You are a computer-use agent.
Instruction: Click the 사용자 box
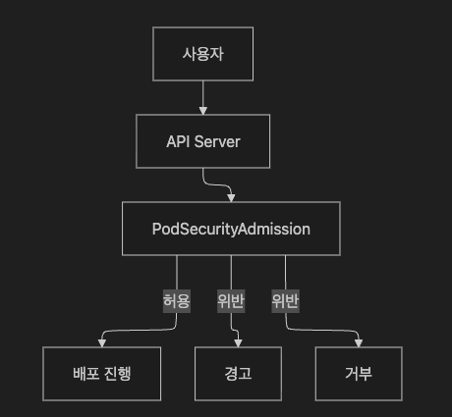click(x=202, y=54)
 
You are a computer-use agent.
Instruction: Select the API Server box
click(x=202, y=141)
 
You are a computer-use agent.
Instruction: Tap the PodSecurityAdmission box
click(x=231, y=229)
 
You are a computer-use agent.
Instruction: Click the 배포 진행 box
click(x=102, y=374)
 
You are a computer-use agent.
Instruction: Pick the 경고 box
click(x=238, y=374)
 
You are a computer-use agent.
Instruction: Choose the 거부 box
click(x=359, y=374)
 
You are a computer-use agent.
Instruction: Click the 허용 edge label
click(x=177, y=301)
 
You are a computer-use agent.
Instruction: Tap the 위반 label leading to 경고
click(x=231, y=301)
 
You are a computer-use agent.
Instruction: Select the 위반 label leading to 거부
click(x=285, y=301)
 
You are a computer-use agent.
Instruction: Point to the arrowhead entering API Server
click(x=203, y=111)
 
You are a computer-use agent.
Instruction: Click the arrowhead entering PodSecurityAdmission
click(x=231, y=198)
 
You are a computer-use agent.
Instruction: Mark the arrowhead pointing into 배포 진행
click(x=102, y=342)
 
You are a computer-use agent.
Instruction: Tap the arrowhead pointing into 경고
click(x=238, y=342)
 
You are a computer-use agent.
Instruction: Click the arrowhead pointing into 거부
click(x=359, y=342)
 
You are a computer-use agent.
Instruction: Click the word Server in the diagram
click(x=217, y=141)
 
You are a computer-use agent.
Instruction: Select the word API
click(x=178, y=141)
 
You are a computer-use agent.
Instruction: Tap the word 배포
click(x=86, y=374)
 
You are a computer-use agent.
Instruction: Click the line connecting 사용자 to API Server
click(x=203, y=94)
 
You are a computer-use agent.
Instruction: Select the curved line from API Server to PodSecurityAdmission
click(x=217, y=184)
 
